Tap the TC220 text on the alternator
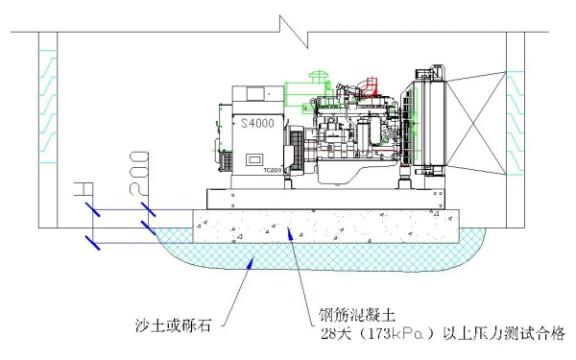[272, 170]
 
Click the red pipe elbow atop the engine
[364, 89]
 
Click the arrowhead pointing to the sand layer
[251, 260]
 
